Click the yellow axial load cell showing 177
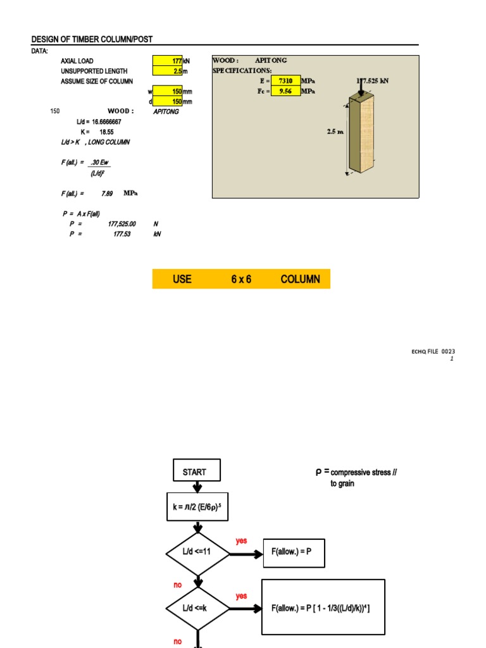point(167,61)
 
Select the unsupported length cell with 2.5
point(167,71)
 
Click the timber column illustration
point(361,136)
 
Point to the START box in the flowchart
point(197,472)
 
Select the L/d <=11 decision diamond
point(198,554)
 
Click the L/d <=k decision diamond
point(198,608)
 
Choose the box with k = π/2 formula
point(198,507)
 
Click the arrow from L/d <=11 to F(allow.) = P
point(246,554)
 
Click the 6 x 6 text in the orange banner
point(241,279)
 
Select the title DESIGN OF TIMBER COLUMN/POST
point(92,39)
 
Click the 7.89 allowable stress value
point(107,193)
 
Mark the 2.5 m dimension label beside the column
point(335,132)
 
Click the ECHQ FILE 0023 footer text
point(433,351)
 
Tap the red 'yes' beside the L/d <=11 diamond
point(241,541)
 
